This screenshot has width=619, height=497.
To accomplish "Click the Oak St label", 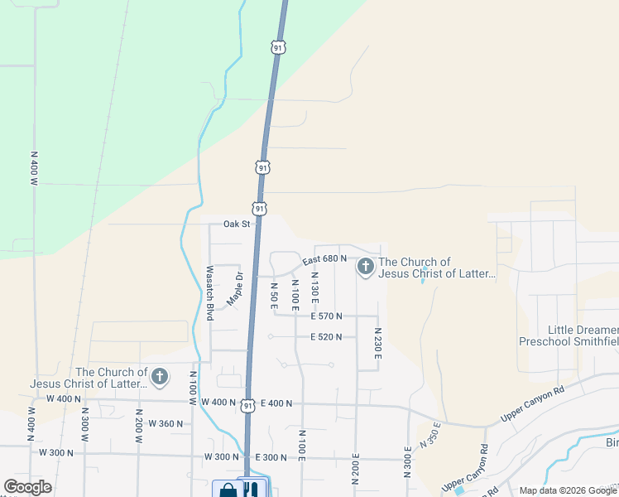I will click(237, 224).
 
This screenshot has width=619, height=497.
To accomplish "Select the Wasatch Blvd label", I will click(210, 293).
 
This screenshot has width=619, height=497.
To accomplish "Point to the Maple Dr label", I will click(235, 289).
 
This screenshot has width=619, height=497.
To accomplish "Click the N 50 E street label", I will click(274, 296).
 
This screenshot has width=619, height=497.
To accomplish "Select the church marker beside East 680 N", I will click(365, 267).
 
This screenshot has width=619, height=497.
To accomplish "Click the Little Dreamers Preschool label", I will click(569, 335).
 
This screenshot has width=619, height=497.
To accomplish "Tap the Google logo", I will click(27, 487).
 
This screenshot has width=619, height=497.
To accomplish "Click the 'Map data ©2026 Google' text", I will click(568, 490).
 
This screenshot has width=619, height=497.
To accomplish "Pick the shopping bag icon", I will click(226, 490).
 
